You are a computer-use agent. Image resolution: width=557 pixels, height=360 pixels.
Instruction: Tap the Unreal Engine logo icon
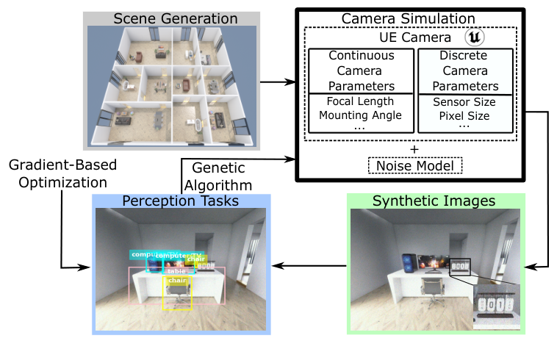475,36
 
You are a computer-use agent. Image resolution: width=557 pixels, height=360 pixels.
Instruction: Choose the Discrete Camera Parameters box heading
463,71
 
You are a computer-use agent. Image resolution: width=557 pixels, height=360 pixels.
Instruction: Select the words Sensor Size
464,101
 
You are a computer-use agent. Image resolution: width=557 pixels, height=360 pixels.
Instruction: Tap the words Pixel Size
464,115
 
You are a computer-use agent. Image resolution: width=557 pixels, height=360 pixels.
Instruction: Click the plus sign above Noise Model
414,149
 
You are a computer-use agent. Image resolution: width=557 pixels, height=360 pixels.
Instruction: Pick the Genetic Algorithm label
219,176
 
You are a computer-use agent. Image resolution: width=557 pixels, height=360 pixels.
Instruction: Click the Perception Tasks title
181,201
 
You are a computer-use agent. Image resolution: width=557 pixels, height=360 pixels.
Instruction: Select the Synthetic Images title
433,201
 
